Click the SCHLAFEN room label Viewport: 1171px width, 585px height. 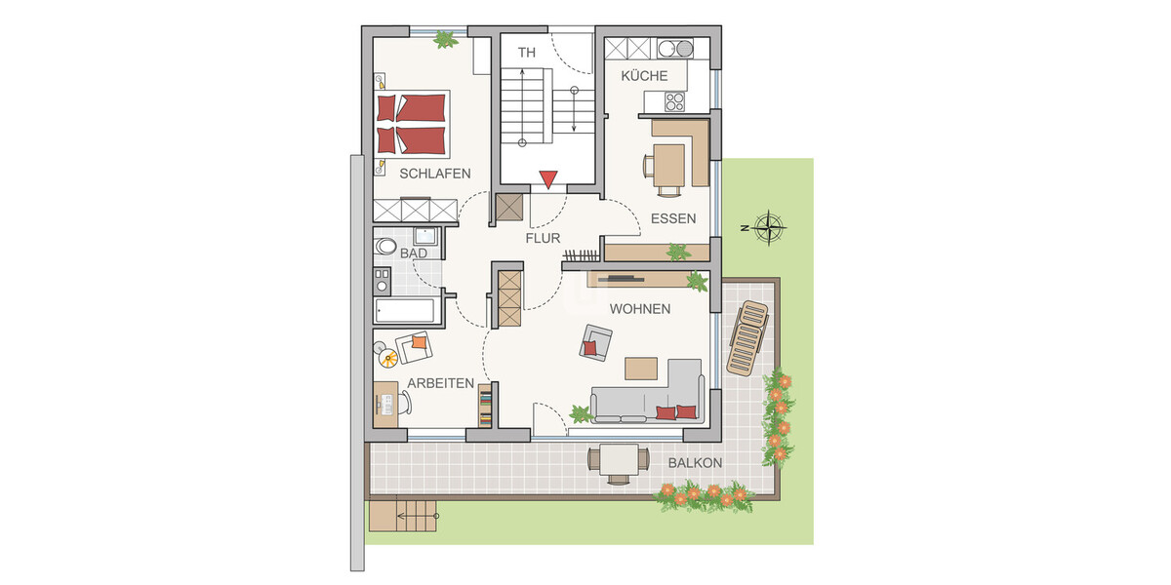434,174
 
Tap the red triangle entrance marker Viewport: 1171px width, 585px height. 547,179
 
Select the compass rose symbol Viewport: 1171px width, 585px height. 771,227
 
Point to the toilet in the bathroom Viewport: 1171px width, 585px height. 384,247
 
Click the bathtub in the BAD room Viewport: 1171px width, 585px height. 404,311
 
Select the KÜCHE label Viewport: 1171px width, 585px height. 644,76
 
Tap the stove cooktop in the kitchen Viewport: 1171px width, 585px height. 674,99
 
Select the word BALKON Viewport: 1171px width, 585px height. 695,463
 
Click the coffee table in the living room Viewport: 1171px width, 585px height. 642,368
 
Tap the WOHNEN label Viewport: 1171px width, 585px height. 639,309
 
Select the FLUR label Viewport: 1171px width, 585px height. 544,237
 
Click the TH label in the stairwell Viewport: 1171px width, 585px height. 528,52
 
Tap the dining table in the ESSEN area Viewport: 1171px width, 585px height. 669,164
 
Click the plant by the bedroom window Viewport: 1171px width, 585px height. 445,40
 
